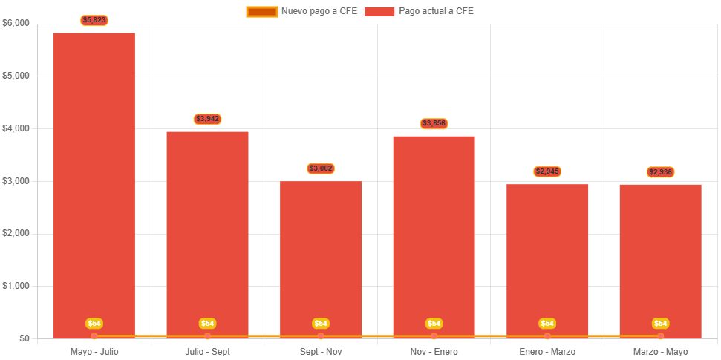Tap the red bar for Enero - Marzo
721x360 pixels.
tap(547, 260)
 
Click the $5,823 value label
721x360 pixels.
tap(94, 20)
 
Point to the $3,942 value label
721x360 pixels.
tap(208, 119)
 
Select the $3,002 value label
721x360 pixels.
tap(321, 168)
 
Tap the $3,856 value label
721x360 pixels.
tap(434, 123)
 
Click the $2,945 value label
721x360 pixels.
tap(547, 171)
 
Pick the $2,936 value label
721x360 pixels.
tap(661, 172)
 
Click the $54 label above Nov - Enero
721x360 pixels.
tap(434, 324)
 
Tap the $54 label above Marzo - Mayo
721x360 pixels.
tap(661, 324)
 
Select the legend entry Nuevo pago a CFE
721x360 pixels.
tap(302, 11)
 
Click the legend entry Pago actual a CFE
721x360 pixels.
tap(420, 11)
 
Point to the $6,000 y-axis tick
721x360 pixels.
tap(16, 23)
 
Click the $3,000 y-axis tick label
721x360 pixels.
tap(16, 181)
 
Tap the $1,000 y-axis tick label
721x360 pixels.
tap(16, 286)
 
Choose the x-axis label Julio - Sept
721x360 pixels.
tap(207, 351)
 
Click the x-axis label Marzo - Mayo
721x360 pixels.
tap(661, 351)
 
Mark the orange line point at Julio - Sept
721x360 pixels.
tap(208, 336)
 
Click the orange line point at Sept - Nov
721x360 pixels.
tap(321, 336)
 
